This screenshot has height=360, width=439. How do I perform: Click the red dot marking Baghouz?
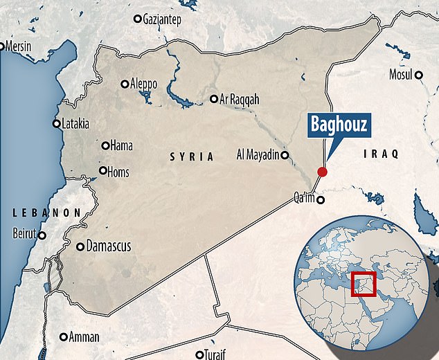pos(321,172)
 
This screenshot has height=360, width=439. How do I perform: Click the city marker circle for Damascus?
pos(80,246)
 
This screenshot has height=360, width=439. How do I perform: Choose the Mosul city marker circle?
pos(419,75)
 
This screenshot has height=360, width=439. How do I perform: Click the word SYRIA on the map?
pos(192,158)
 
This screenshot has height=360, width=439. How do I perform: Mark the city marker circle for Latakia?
pos(56,124)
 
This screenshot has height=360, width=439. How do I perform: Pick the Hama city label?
pos(121,145)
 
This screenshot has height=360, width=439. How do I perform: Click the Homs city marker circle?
pos(103,170)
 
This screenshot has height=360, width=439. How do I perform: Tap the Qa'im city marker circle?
pos(320,201)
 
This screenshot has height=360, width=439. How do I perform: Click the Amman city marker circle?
pos(64,337)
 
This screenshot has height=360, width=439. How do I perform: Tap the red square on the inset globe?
pos(364,284)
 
